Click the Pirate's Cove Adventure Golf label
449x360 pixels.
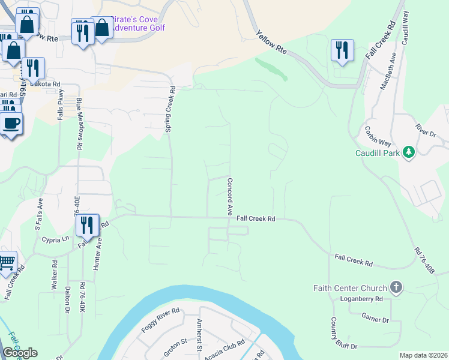139,23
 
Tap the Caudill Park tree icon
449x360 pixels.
409,152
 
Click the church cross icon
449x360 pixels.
396,287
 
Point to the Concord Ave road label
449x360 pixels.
229,197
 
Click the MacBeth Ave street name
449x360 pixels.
388,71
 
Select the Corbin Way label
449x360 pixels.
378,136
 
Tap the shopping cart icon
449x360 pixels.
7,262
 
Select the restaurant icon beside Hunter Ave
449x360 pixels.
88,226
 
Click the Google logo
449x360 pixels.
20,353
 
